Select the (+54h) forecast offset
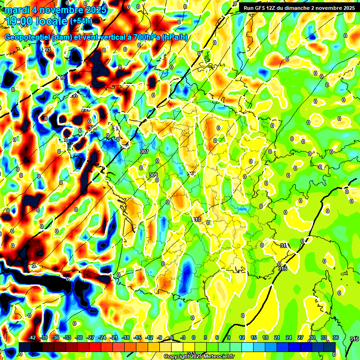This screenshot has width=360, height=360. point(81,21)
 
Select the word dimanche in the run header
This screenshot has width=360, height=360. point(306,8)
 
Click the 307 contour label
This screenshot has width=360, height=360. point(144,151)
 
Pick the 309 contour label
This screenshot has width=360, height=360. point(153,175)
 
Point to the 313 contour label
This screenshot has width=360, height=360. point(196,219)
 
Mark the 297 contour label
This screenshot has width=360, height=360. point(74,95)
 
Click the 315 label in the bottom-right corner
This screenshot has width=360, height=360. point(354,339)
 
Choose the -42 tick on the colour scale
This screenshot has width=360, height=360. point(32,337)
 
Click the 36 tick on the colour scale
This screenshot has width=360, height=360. point(335,337)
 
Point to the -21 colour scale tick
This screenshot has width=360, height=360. point(114,337)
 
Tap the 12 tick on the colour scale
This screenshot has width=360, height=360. point(242,337)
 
